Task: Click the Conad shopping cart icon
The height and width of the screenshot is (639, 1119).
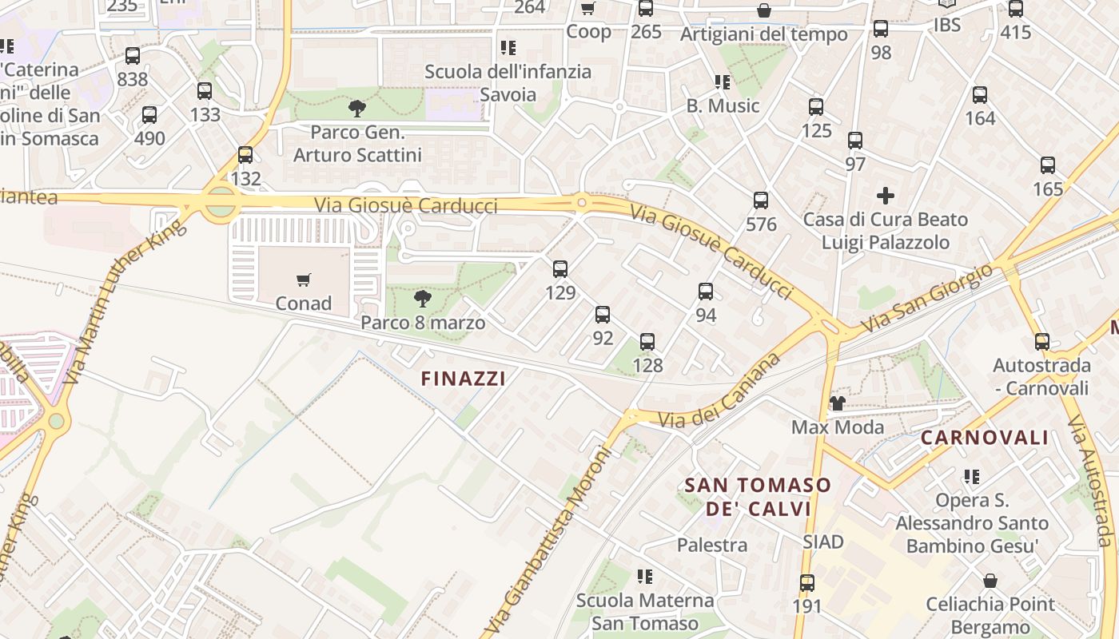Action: point(304,280)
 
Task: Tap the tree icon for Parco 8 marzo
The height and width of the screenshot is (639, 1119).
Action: point(423,299)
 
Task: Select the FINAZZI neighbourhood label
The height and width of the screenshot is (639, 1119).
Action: point(464,379)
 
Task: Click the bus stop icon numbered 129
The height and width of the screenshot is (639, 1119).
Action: point(560,269)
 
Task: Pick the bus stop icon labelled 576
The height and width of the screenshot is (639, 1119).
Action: point(761,200)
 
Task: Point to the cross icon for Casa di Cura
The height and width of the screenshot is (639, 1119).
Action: point(886,195)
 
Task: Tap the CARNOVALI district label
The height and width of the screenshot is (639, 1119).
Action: point(985,438)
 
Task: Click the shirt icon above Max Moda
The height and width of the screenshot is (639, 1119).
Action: point(837,403)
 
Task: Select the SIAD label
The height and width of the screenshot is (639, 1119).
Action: point(823,542)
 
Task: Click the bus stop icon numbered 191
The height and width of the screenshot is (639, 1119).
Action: point(807,583)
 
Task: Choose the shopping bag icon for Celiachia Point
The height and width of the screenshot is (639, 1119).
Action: point(990,581)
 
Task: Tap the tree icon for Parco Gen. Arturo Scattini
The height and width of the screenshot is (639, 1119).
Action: point(357,108)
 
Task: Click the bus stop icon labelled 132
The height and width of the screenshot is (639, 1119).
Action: point(245,155)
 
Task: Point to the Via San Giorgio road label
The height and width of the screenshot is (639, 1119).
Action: point(926,299)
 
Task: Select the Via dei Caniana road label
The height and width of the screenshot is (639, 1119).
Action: point(719,391)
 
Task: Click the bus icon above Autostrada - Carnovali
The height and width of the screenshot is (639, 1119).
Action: point(1042,342)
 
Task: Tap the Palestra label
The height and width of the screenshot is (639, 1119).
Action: point(712,546)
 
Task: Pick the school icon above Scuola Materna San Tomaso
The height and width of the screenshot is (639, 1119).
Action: point(645,576)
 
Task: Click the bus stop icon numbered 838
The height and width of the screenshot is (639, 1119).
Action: point(133,56)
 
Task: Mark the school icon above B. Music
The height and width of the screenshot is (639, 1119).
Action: point(723,81)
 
